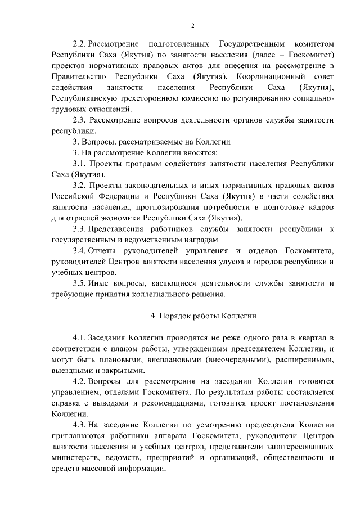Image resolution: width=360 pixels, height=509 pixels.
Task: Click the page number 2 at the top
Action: click(192, 25)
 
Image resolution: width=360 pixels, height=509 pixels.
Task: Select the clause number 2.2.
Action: click(82, 44)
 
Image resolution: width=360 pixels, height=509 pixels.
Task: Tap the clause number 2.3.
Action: click(82, 120)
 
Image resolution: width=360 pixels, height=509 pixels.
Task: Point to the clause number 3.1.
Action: click(82, 163)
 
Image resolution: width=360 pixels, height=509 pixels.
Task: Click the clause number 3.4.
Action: click(82, 250)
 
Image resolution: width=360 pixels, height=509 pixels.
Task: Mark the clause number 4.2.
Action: click(82, 381)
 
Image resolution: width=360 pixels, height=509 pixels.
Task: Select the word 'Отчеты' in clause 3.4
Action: click(110, 250)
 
